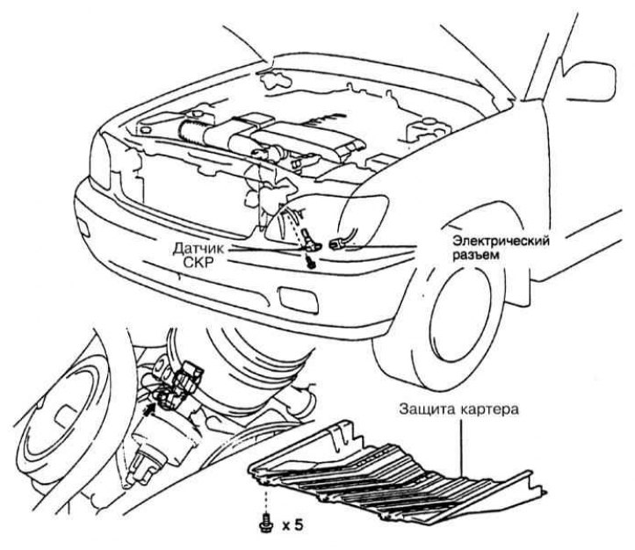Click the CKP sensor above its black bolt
coord(304,236)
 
